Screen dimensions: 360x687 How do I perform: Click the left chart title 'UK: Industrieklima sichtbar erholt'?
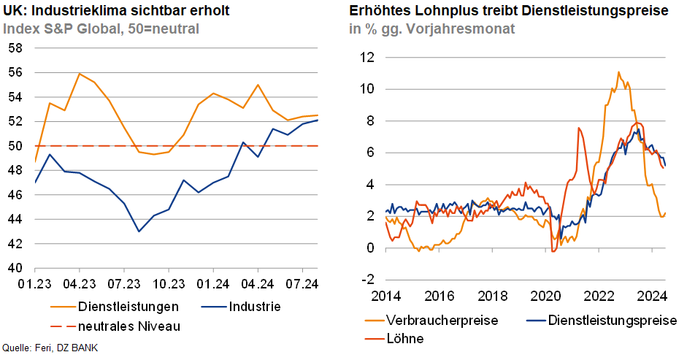coord(106,11)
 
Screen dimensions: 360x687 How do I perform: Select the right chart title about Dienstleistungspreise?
coord(509,11)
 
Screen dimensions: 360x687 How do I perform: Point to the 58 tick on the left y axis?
coord(16,48)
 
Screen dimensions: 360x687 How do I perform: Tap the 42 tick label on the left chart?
coord(16,244)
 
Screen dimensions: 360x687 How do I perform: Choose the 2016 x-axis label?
coord(440,297)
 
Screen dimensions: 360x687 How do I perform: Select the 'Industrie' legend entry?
coord(254,306)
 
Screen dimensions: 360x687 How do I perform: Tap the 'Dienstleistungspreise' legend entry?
coord(612,321)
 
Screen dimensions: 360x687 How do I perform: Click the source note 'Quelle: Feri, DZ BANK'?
coord(50,348)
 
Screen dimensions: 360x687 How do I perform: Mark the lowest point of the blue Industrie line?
coord(139,231)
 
